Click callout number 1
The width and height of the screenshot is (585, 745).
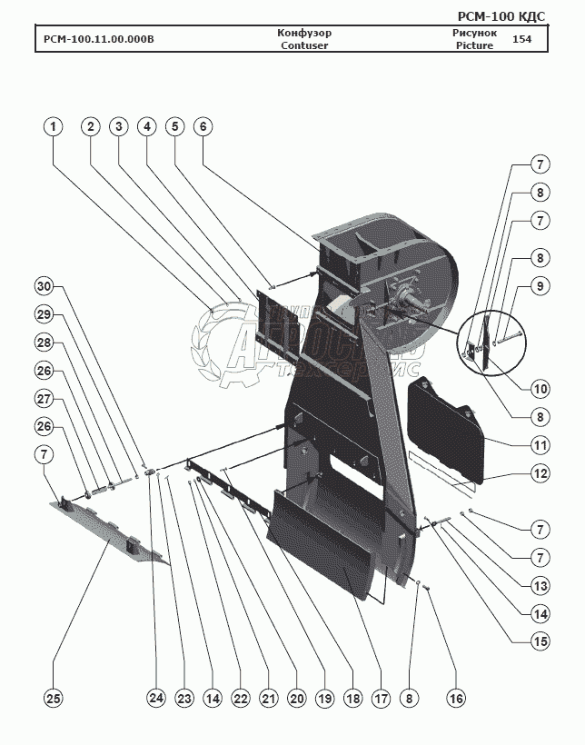click(x=55, y=127)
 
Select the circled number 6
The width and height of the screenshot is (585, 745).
click(x=203, y=127)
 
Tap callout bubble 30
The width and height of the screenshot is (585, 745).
click(x=44, y=286)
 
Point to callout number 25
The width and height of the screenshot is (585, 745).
click(x=54, y=698)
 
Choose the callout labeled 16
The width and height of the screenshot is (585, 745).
click(x=455, y=698)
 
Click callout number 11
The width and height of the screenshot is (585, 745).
click(x=540, y=445)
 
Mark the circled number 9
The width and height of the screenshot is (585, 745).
click(x=540, y=285)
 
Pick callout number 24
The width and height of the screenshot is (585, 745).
click(x=157, y=698)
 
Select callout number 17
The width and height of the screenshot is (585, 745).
click(x=380, y=698)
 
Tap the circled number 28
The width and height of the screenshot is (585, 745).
click(x=44, y=343)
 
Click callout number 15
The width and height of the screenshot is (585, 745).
click(x=540, y=640)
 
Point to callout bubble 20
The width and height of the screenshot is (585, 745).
click(x=296, y=698)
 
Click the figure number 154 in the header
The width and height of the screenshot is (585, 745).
click(x=521, y=39)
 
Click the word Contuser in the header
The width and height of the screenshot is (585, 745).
click(x=304, y=45)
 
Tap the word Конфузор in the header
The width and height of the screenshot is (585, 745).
click(x=304, y=33)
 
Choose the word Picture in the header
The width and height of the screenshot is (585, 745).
click(x=473, y=45)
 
